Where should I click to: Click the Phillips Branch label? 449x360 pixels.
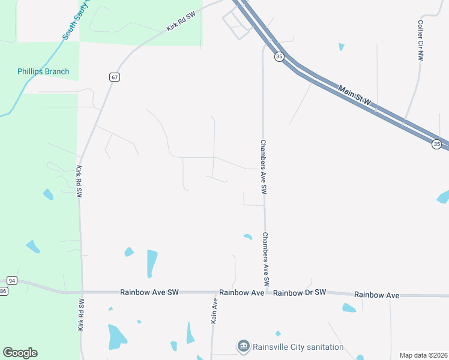point(43,71)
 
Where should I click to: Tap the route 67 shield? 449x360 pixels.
point(115,77)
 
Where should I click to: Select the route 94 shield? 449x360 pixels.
point(11,281)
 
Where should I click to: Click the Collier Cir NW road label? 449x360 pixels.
point(421,40)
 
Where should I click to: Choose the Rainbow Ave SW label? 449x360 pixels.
point(149,293)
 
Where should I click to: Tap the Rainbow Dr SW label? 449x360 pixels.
point(300,293)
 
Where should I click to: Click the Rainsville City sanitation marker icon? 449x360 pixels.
point(243,346)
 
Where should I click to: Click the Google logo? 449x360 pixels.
point(20,353)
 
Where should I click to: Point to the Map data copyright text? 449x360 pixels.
point(423,355)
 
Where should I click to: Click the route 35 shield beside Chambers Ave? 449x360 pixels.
point(279,56)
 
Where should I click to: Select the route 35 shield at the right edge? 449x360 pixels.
point(436,144)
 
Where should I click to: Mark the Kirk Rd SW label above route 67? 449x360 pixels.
point(182,24)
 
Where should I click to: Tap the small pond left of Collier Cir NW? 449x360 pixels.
point(342,47)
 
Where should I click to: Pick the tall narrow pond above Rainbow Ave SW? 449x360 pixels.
point(152,263)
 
